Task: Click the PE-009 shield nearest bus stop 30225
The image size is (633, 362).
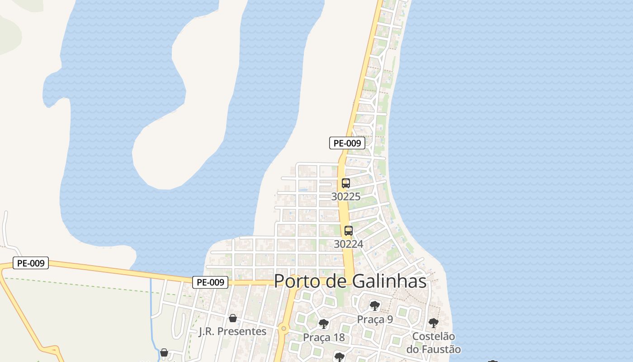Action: pos(347,143)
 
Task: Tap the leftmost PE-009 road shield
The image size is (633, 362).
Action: pos(31,263)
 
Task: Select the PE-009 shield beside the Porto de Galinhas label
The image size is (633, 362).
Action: pos(210,282)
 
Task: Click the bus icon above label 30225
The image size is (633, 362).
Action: pos(346,183)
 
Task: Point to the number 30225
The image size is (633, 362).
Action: pos(346,197)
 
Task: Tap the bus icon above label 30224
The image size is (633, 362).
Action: pos(348,231)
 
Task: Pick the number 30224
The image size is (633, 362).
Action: pos(349,244)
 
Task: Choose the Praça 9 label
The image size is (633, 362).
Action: pos(375,319)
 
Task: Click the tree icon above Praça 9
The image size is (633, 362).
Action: pos(374,306)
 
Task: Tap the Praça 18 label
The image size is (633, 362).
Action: pos(324,338)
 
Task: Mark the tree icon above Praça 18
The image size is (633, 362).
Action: pos(323,324)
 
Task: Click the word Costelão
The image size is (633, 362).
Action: pos(434,337)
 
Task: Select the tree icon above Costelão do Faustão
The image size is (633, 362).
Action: pos(433,323)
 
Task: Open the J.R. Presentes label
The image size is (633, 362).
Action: pos(232,332)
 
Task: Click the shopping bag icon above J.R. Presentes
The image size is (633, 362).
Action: pos(233,318)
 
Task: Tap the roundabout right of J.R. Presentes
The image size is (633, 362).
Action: pos(283,328)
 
